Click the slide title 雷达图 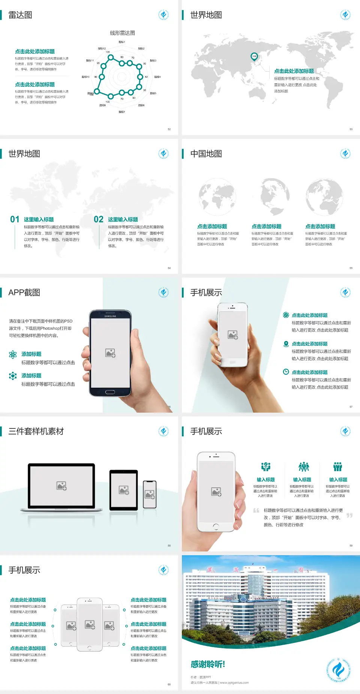pos(20,15)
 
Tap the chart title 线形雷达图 pos(122,33)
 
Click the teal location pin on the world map pos(254,57)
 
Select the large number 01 pos(15,219)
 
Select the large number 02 pos(99,219)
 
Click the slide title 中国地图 pos(206,154)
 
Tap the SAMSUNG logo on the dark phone pos(110,316)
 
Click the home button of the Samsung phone pos(110,392)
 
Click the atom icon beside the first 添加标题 pos(13,355)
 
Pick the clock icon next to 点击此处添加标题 pos(286,372)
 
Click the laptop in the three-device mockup pos(61,487)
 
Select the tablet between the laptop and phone pos(124,490)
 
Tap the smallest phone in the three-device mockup pos(150,494)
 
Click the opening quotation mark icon pos(256,511)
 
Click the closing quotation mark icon pos(349,515)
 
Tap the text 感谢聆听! pos(208,664)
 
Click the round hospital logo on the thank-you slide pos(338,670)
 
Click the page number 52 pos(169,129)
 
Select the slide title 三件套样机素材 pos(36,431)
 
